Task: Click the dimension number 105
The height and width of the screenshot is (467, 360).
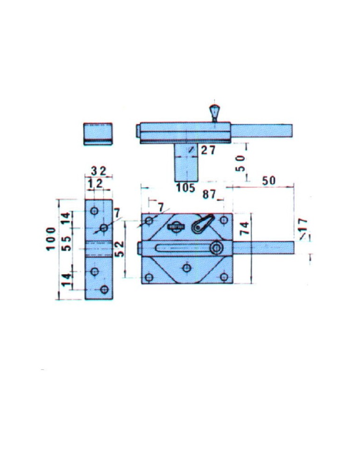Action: pyautogui.click(x=185, y=188)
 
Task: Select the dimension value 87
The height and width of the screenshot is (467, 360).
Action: pyautogui.click(x=209, y=194)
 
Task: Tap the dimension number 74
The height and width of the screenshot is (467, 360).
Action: pyautogui.click(x=245, y=228)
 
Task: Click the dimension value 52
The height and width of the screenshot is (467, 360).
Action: pyautogui.click(x=119, y=249)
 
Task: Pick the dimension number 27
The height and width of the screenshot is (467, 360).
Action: pyautogui.click(x=208, y=150)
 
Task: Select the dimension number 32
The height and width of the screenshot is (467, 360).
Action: pyautogui.click(x=99, y=171)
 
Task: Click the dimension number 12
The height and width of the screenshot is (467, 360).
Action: pyautogui.click(x=95, y=184)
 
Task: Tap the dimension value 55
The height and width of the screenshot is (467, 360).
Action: pyautogui.click(x=67, y=243)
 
